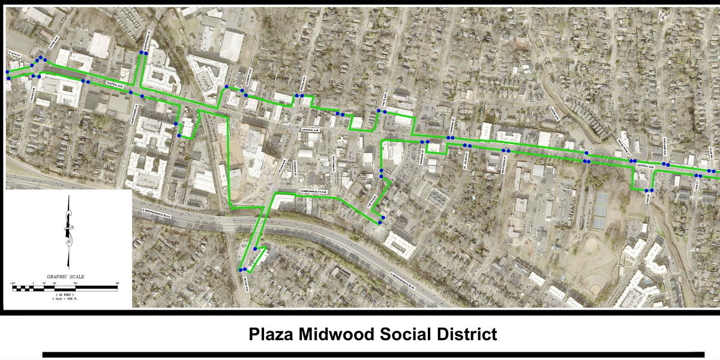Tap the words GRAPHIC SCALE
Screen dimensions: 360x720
[x=66, y=277]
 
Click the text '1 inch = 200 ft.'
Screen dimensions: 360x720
[x=66, y=299]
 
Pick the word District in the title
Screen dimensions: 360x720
[x=463, y=334]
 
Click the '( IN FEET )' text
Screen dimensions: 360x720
[x=66, y=295]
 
